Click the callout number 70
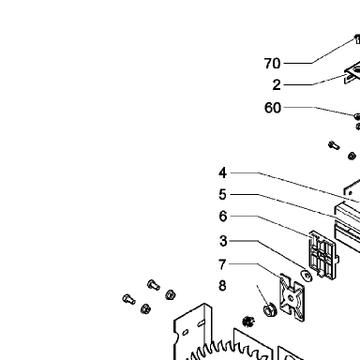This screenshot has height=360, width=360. (x=272, y=64)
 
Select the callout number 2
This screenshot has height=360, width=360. (x=277, y=85)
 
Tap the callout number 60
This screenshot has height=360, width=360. (x=273, y=108)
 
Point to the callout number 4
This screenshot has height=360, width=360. (x=222, y=172)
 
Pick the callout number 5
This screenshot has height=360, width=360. (x=222, y=194)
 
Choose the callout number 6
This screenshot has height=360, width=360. (x=223, y=216)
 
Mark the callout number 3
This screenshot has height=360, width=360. (x=223, y=241)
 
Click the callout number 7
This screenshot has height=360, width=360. (x=222, y=264)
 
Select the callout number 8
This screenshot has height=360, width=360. (x=222, y=286)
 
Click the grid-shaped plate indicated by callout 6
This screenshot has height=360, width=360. (x=323, y=255)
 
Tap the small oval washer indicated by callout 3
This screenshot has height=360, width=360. (x=306, y=276)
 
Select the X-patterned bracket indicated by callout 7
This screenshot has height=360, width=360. (x=292, y=297)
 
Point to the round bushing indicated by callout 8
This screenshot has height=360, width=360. (x=270, y=309)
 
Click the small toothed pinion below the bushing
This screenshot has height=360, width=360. (x=248, y=322)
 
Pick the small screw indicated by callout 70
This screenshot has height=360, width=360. (x=357, y=39)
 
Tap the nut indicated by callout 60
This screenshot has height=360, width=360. (x=356, y=116)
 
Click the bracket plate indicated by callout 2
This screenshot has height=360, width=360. (x=352, y=72)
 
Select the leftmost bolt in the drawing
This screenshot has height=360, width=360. (x=128, y=299)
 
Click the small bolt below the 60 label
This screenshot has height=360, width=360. (x=334, y=145)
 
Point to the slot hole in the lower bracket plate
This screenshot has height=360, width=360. (x=202, y=322)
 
